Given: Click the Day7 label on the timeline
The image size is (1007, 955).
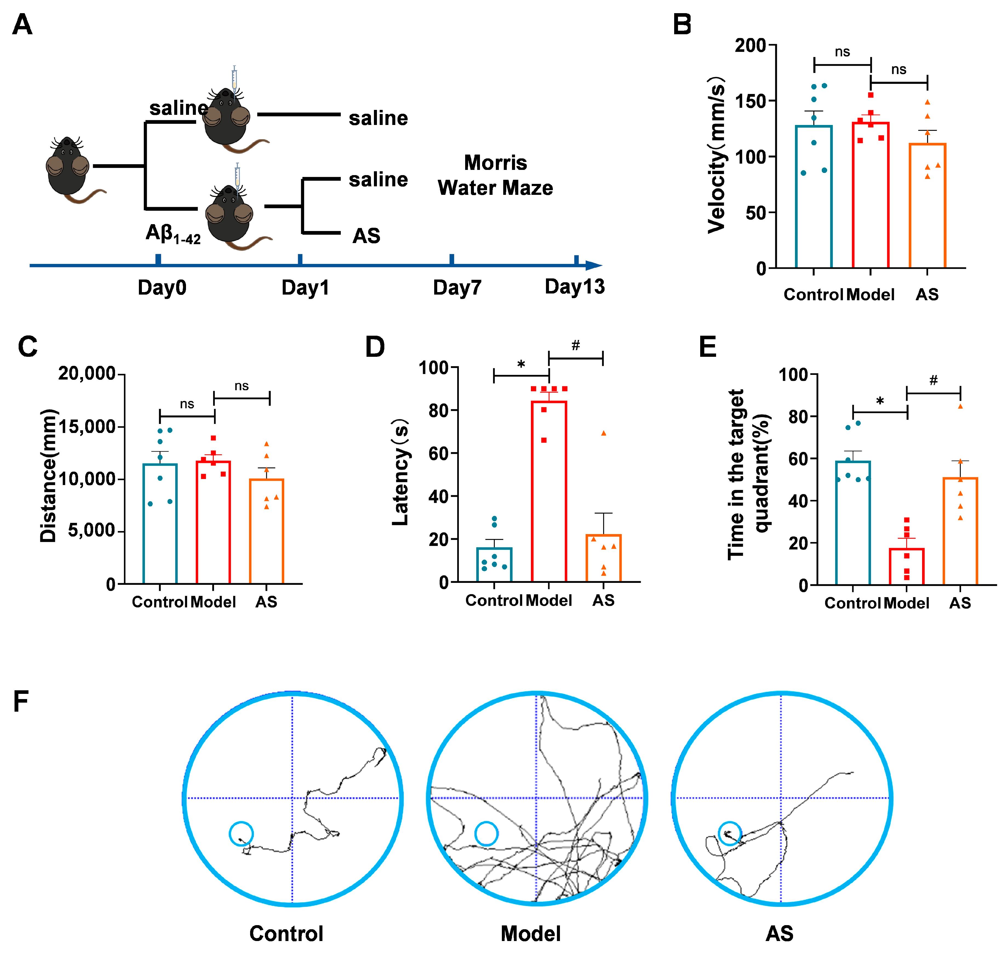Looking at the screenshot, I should click(456, 288).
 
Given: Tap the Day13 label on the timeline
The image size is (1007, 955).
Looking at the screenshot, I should click(574, 287).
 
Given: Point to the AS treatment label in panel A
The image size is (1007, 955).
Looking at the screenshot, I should click(366, 236).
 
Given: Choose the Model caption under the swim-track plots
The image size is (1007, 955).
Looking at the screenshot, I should click(531, 933).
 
